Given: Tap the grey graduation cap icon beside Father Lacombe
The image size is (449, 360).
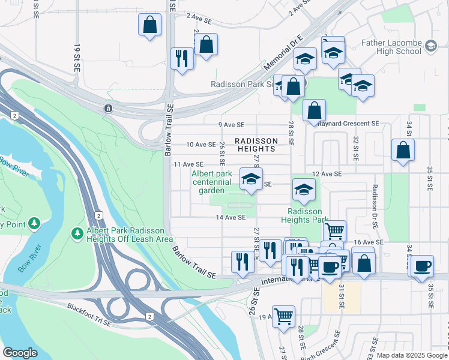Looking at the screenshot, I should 430,46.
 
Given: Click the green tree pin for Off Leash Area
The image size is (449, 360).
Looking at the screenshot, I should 77,232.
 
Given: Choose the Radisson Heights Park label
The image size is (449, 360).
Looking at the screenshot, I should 305,215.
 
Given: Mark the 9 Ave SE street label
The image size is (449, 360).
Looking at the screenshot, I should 232,125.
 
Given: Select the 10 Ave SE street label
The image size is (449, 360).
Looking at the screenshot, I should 200,145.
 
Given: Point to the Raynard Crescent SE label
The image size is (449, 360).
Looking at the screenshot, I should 349,124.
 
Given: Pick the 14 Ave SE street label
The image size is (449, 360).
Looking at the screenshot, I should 231,217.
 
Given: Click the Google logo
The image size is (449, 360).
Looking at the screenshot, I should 20,353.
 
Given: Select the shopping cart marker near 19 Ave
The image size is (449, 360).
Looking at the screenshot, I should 283,316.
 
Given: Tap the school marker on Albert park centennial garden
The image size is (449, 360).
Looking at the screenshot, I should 251,179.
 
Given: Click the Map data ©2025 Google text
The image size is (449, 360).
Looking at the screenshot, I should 412,355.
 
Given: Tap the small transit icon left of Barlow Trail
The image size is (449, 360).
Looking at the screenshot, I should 107,108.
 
